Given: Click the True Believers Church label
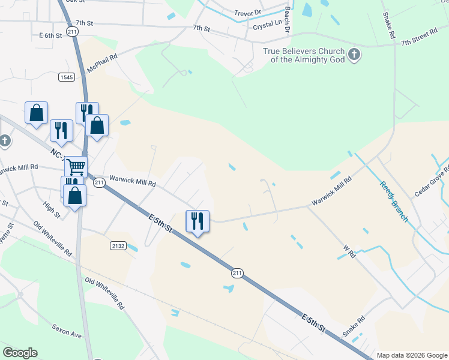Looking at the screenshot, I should click(x=304, y=55).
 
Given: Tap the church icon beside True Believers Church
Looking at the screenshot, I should click(x=354, y=55).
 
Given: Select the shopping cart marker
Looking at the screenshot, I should click(x=76, y=166).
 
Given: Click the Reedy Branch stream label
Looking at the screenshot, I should click(x=394, y=202).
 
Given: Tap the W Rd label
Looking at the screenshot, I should click(x=349, y=251).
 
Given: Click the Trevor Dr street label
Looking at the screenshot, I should click(x=249, y=11).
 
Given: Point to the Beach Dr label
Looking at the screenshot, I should click(x=288, y=20).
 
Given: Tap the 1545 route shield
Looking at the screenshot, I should click(x=66, y=77).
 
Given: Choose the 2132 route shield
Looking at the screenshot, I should click(x=118, y=245).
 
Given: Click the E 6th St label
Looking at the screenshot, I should click(x=51, y=35).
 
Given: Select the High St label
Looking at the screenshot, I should click(x=52, y=210).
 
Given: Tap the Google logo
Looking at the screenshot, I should click(x=20, y=353).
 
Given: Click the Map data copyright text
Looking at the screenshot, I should click(x=411, y=355).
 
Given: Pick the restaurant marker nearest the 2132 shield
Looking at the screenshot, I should click(x=197, y=221).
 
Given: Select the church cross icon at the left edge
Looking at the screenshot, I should click(x=4, y=141).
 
